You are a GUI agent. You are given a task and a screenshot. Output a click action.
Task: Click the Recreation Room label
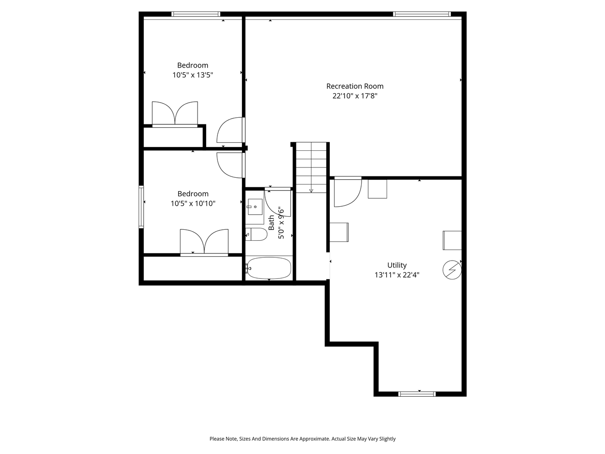tap(354, 86)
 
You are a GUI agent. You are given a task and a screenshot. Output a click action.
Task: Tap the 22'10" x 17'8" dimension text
tap(354, 96)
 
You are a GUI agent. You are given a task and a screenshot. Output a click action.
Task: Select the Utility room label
tap(397, 265)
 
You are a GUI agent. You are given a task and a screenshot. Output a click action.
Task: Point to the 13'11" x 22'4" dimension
tap(397, 275)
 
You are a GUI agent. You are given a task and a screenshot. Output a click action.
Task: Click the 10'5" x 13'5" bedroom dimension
tap(192, 75)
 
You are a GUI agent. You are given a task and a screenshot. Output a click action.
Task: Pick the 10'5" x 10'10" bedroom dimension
tap(192, 203)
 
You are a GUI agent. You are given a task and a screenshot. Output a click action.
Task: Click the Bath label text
tap(271, 223)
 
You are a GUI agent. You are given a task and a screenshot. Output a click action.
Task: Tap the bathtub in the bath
tap(269, 268)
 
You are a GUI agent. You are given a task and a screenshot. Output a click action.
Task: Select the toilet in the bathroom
tap(256, 234)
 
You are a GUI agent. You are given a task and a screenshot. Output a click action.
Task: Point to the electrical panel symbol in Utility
tap(451, 270)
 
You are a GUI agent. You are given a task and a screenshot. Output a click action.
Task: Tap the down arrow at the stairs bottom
tap(311, 190)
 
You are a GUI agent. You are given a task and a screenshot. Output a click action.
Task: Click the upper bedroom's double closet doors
tap(174, 114)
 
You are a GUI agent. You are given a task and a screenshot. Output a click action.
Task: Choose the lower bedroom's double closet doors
tap(204, 242)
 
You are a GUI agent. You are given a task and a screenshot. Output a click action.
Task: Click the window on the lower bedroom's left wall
tap(141, 207)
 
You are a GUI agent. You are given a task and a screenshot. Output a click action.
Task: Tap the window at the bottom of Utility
tap(417, 393)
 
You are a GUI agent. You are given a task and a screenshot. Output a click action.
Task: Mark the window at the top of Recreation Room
tap(422, 14)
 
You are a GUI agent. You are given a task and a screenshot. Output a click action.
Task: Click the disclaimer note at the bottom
tap(302, 439)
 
